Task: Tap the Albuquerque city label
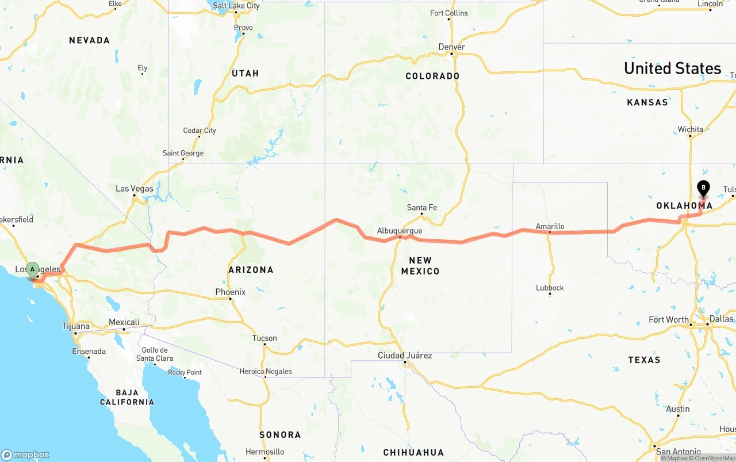click(x=400, y=231)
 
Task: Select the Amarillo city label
click(x=550, y=226)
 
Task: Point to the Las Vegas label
click(x=135, y=189)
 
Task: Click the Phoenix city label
click(x=230, y=292)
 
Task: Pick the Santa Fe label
click(x=421, y=207)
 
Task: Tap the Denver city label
click(x=451, y=47)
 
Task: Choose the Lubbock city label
click(x=550, y=288)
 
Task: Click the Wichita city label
click(x=690, y=129)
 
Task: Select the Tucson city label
click(x=264, y=338)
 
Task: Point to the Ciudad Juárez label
click(x=404, y=355)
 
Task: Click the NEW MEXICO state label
click(x=420, y=265)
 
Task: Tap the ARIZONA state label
click(x=251, y=269)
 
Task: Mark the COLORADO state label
click(x=432, y=76)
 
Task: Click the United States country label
click(x=672, y=68)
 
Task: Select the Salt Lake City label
click(x=236, y=6)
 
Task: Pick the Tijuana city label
click(x=76, y=326)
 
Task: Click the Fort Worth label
click(x=668, y=319)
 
